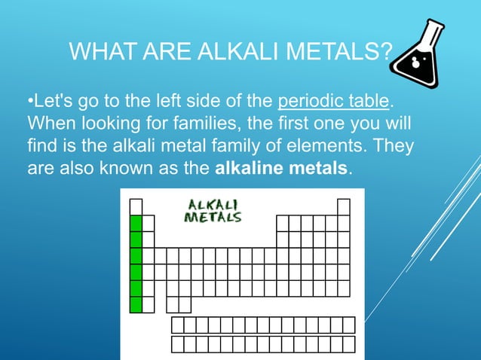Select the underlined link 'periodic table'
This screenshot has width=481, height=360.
tap(333, 101)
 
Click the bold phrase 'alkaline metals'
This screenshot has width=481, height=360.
tap(282, 166)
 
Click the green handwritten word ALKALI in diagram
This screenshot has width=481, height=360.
tap(213, 205)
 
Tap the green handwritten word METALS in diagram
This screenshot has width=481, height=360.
tap(213, 218)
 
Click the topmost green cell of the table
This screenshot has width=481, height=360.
tap(136, 223)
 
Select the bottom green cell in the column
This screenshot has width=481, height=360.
tap(136, 304)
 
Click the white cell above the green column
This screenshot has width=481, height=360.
tap(136, 206)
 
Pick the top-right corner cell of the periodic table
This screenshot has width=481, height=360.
tap(344, 206)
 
